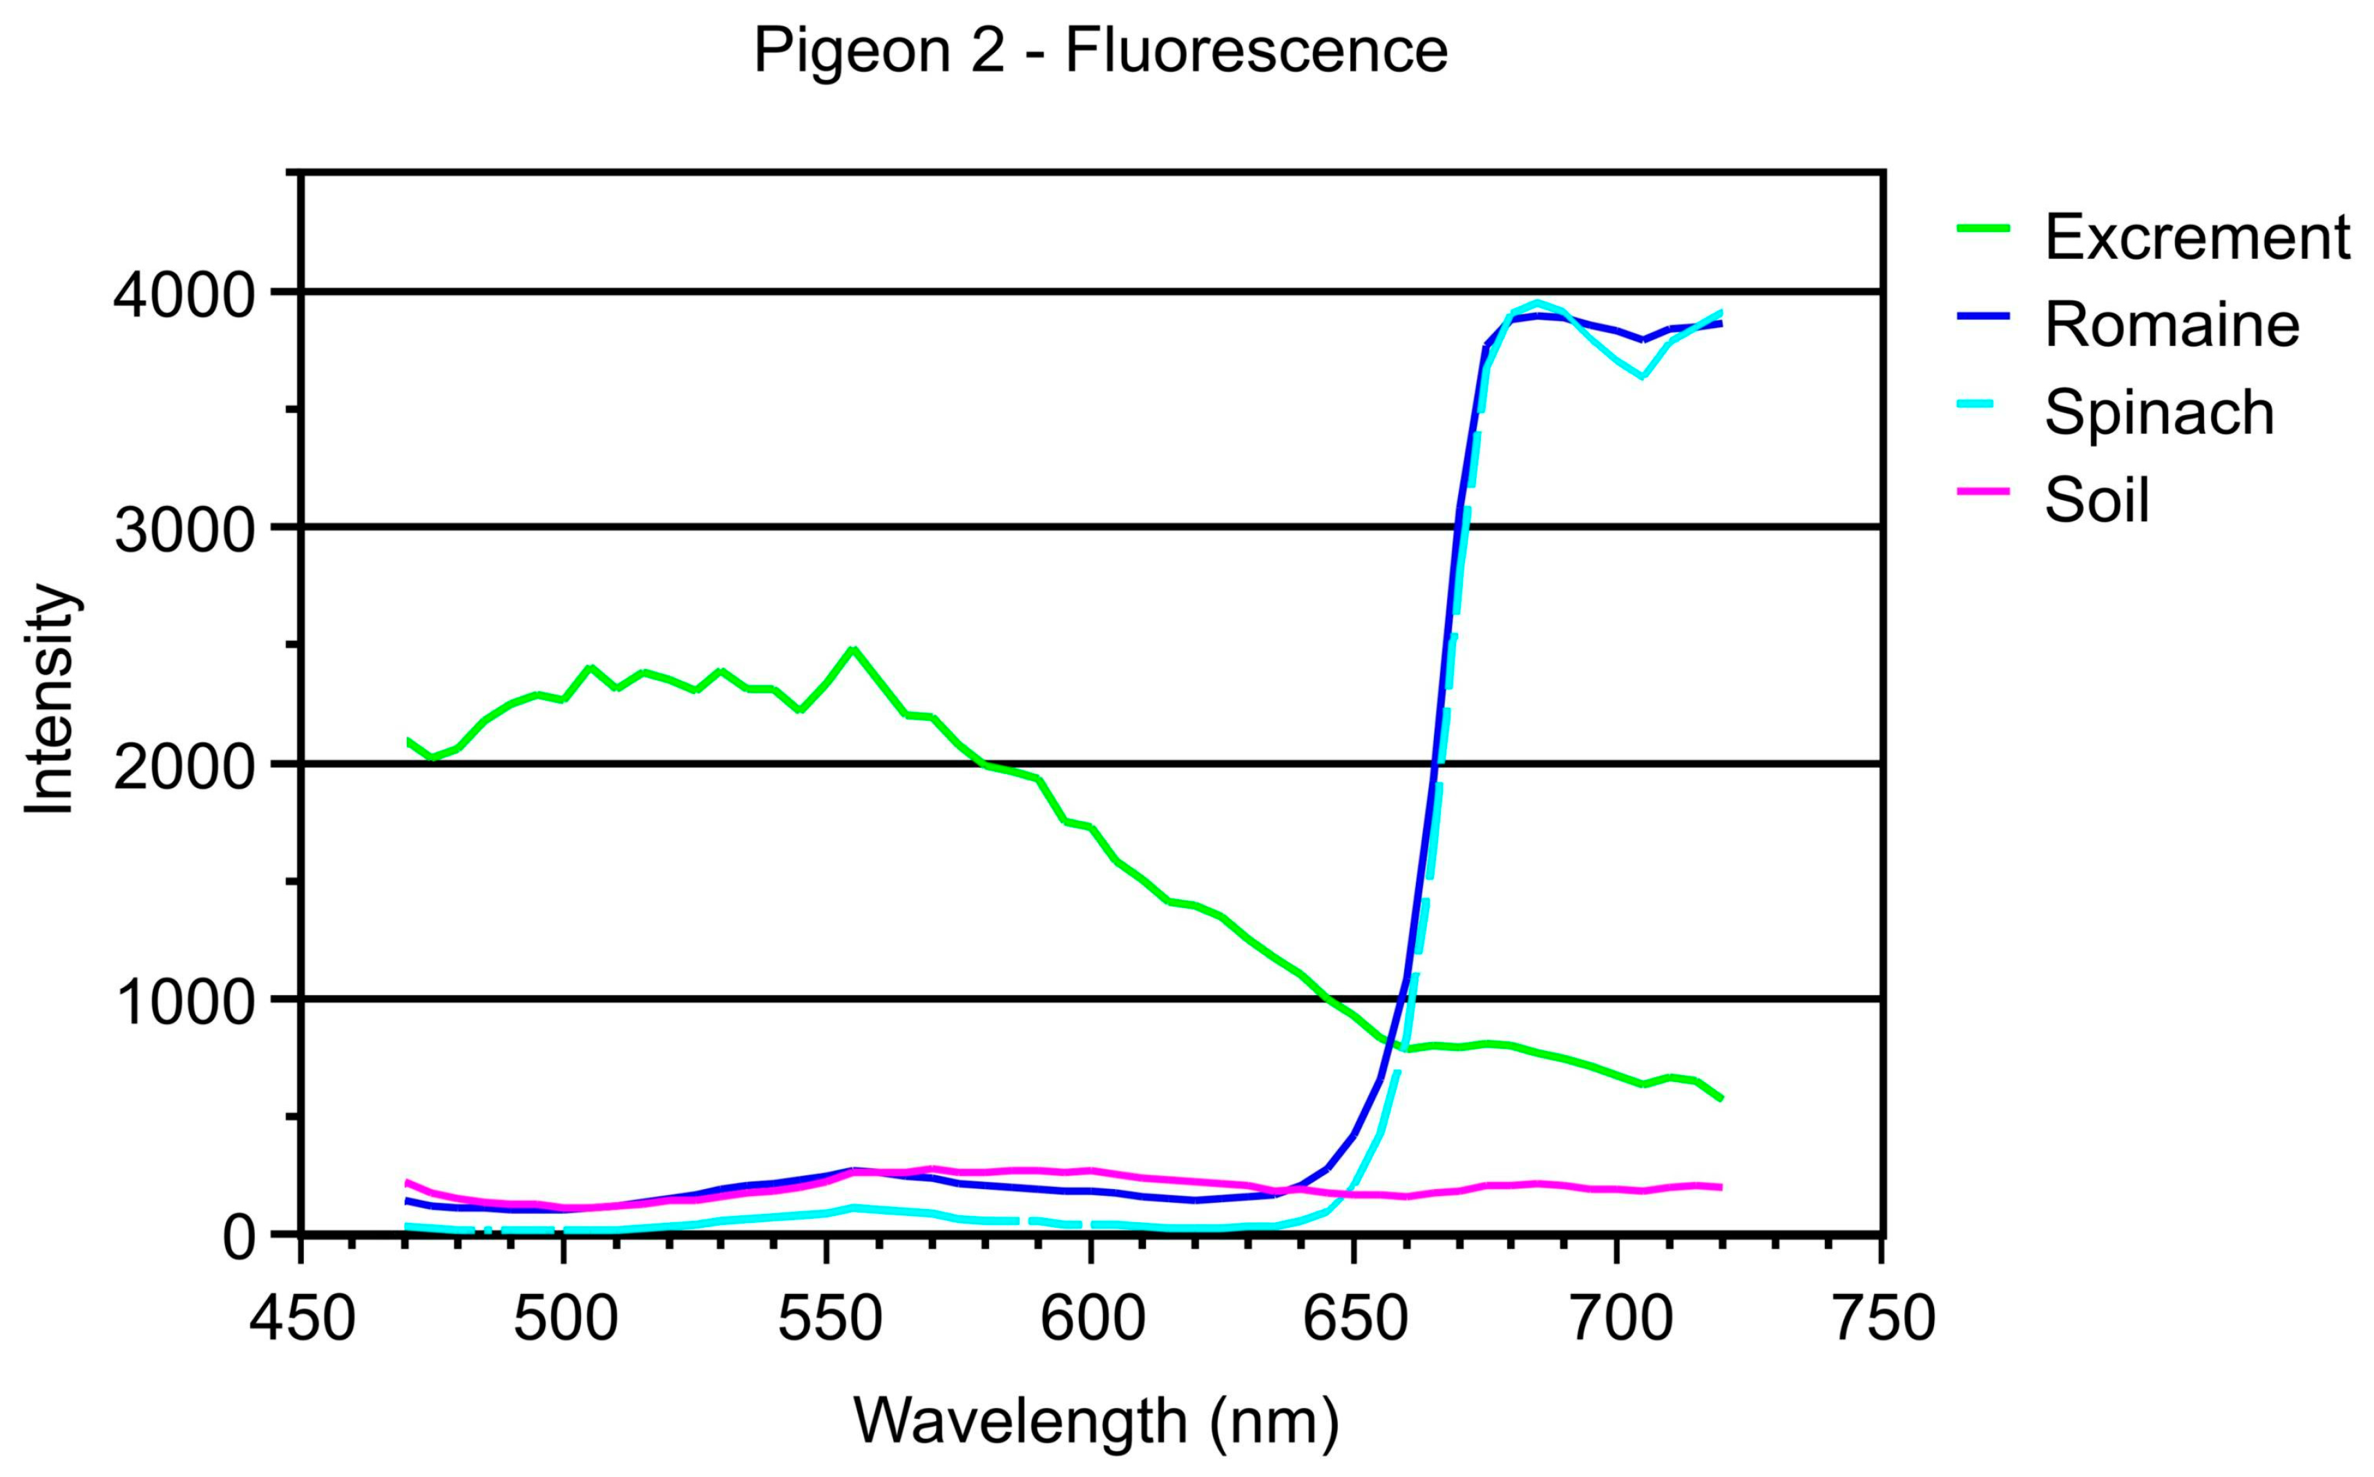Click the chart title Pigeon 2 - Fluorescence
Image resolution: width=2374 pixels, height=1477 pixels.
pyautogui.click(x=1100, y=51)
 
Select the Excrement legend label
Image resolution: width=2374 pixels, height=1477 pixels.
pyautogui.click(x=2196, y=238)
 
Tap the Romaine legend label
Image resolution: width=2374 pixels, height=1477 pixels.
pyautogui.click(x=2172, y=325)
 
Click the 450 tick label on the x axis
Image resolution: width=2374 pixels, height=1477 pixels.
pyautogui.click(x=302, y=1319)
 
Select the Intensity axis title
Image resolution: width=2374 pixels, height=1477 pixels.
pyautogui.click(x=49, y=699)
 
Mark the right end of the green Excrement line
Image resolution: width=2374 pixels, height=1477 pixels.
pyautogui.click(x=1721, y=1099)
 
